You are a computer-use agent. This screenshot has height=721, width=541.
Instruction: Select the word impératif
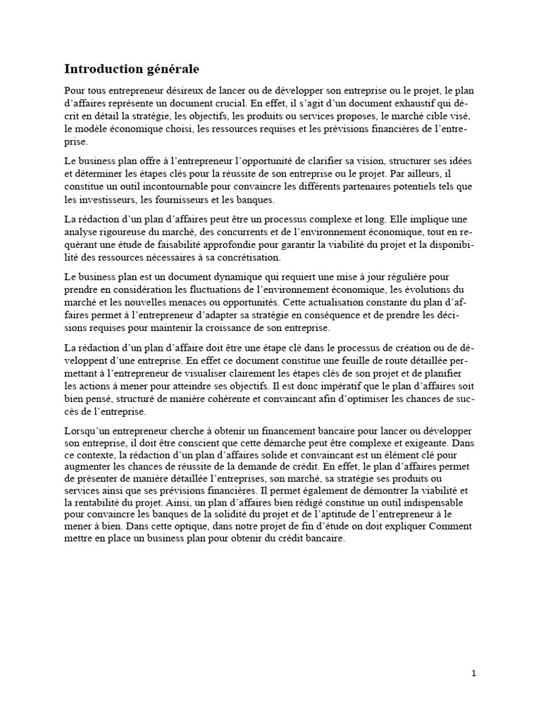(x=359, y=387)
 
